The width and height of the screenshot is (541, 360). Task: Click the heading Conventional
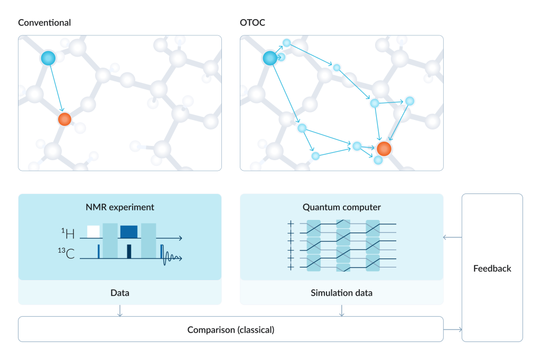click(x=44, y=23)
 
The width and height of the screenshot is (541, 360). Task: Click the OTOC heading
click(x=253, y=23)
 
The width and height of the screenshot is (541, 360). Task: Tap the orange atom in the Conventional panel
click(x=64, y=119)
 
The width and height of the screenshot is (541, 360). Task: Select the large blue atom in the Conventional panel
click(x=48, y=58)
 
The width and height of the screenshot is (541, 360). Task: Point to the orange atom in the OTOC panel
click(x=384, y=149)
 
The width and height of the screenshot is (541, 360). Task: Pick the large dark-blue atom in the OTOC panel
click(x=270, y=58)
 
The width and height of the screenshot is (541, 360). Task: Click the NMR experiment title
click(x=120, y=207)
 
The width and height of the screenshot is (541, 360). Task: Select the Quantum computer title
click(x=341, y=207)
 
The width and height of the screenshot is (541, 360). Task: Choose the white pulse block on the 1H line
click(x=94, y=231)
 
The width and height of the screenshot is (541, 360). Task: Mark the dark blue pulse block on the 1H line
click(x=129, y=231)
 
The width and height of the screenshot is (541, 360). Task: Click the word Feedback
click(x=492, y=268)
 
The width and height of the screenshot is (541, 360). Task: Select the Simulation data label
click(x=341, y=292)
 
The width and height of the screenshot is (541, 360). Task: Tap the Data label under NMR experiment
click(x=120, y=292)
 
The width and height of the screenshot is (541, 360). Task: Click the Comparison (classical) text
click(x=231, y=330)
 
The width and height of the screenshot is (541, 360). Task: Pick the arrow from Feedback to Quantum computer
click(x=452, y=237)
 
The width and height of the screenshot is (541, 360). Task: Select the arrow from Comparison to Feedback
click(x=452, y=330)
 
